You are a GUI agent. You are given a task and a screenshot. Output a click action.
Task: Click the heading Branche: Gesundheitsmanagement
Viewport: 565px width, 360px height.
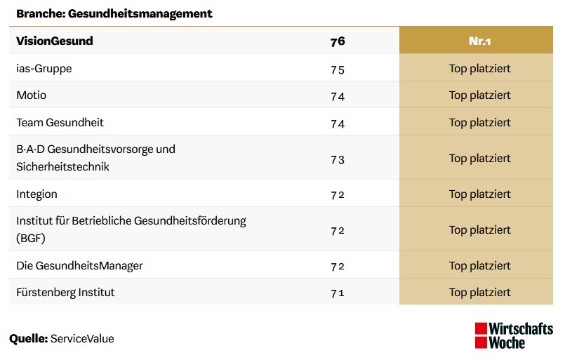(114, 13)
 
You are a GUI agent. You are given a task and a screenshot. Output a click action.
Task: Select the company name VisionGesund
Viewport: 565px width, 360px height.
(55, 41)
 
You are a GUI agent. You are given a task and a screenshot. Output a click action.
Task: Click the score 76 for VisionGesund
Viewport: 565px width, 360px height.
(338, 41)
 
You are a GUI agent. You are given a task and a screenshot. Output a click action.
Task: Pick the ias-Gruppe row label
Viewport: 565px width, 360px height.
(44, 69)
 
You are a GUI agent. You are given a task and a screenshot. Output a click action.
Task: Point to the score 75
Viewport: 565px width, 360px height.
(338, 69)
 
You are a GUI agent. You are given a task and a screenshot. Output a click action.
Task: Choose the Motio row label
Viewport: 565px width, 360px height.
(32, 95)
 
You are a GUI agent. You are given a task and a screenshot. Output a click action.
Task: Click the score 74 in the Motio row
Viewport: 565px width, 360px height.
(338, 96)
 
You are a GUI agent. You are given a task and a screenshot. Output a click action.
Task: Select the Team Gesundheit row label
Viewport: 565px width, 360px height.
(60, 123)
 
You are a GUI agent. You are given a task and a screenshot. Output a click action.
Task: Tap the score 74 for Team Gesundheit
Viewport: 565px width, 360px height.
(338, 124)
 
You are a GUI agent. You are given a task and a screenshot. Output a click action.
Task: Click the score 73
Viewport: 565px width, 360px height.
(338, 159)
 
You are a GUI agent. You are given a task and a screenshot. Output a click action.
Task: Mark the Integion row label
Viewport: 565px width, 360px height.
(37, 194)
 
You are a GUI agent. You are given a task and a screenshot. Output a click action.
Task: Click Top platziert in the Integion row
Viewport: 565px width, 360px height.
(479, 194)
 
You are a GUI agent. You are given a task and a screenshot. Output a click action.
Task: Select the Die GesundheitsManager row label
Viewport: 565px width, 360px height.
(79, 266)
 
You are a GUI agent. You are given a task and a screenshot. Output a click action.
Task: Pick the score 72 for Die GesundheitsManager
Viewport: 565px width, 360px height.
(338, 267)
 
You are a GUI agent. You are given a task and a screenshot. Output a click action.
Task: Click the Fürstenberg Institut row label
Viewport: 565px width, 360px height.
(65, 292)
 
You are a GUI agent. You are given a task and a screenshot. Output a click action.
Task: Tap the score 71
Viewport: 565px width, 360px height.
(338, 293)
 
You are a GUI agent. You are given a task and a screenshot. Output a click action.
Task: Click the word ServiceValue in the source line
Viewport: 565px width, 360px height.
(82, 339)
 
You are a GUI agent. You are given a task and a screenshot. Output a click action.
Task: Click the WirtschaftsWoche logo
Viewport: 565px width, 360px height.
(513, 336)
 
